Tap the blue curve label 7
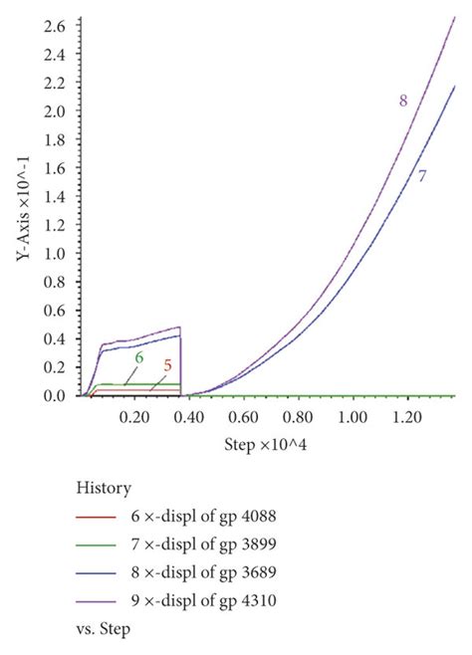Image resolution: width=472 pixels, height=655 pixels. (x=422, y=176)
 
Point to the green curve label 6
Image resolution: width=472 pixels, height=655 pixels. (x=139, y=357)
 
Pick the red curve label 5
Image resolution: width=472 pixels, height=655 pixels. (x=167, y=365)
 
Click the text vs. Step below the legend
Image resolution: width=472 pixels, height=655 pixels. (x=104, y=628)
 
